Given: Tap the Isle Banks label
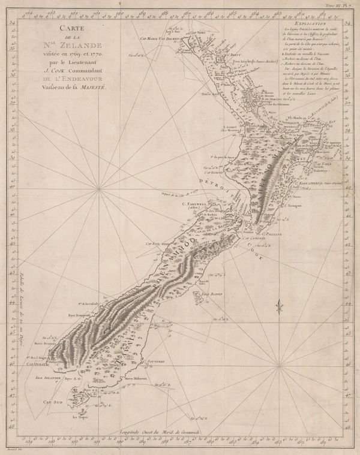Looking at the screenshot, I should pyautogui.click(x=212, y=294).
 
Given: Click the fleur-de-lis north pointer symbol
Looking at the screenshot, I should pyautogui.click(x=278, y=307).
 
